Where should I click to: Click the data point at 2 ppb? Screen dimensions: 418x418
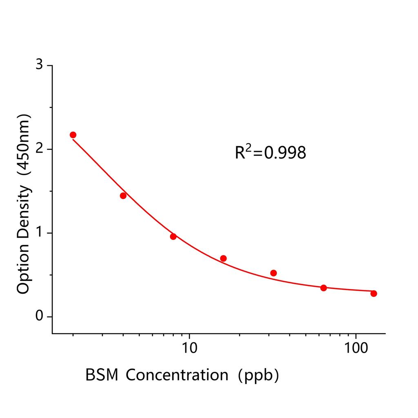click(x=73, y=135)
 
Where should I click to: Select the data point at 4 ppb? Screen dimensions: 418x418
click(x=123, y=196)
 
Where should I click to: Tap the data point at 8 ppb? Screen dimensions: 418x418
click(x=173, y=236)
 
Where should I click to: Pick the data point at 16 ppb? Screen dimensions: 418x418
click(x=223, y=258)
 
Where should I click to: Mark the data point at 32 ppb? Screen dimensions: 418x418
click(x=273, y=273)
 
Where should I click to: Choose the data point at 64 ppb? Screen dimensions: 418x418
click(x=324, y=288)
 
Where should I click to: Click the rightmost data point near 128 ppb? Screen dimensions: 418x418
click(x=374, y=293)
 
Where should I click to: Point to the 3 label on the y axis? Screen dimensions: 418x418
click(x=39, y=65)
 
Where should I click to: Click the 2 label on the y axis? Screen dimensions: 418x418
click(x=39, y=149)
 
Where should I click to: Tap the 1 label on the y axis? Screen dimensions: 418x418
click(x=39, y=233)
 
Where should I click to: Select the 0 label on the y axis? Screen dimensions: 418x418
click(x=39, y=317)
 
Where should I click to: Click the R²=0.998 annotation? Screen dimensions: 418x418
click(x=270, y=153)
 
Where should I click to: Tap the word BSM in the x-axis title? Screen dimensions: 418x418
click(x=102, y=375)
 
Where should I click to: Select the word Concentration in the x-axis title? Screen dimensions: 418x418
click(x=177, y=375)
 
